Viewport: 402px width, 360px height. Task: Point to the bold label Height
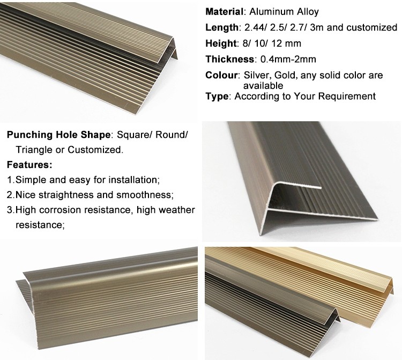point(220,43)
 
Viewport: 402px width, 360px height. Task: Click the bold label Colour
point(221,75)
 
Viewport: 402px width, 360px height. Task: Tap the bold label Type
point(217,96)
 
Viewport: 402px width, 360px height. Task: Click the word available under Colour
point(263,85)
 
